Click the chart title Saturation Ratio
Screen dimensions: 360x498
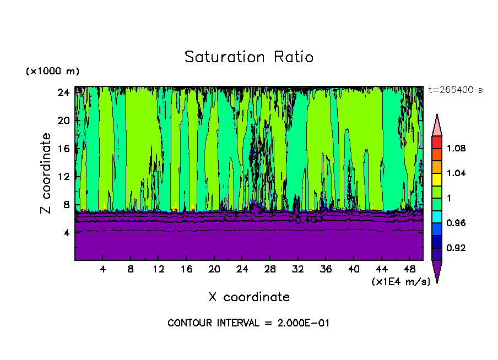point(248,57)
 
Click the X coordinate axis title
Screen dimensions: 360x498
point(248,297)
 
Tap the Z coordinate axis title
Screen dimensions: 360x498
point(46,173)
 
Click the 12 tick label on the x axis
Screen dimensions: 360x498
point(158,269)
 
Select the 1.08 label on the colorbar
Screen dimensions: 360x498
point(456,149)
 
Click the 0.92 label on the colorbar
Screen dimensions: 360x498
point(456,248)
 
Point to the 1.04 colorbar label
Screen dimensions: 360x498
point(456,173)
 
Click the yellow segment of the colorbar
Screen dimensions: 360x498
point(437,179)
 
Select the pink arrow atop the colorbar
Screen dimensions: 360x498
point(437,125)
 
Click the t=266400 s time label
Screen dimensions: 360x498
point(454,90)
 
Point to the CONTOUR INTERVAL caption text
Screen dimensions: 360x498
point(248,323)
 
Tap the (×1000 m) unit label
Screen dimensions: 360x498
point(53,72)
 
